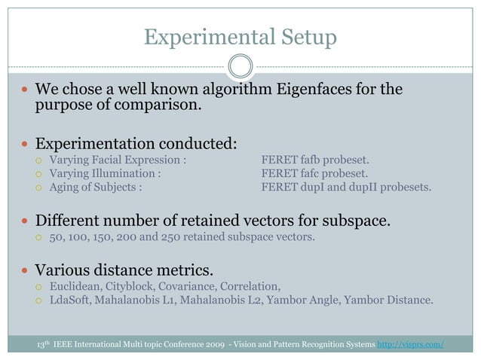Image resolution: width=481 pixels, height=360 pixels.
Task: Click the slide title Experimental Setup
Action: click(240, 36)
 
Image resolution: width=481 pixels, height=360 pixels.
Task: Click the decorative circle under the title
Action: click(240, 66)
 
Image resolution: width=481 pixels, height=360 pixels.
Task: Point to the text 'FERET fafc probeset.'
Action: click(314, 173)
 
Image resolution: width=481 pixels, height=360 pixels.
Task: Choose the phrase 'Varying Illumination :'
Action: click(105, 173)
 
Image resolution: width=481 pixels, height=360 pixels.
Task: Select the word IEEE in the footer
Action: click(66, 345)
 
